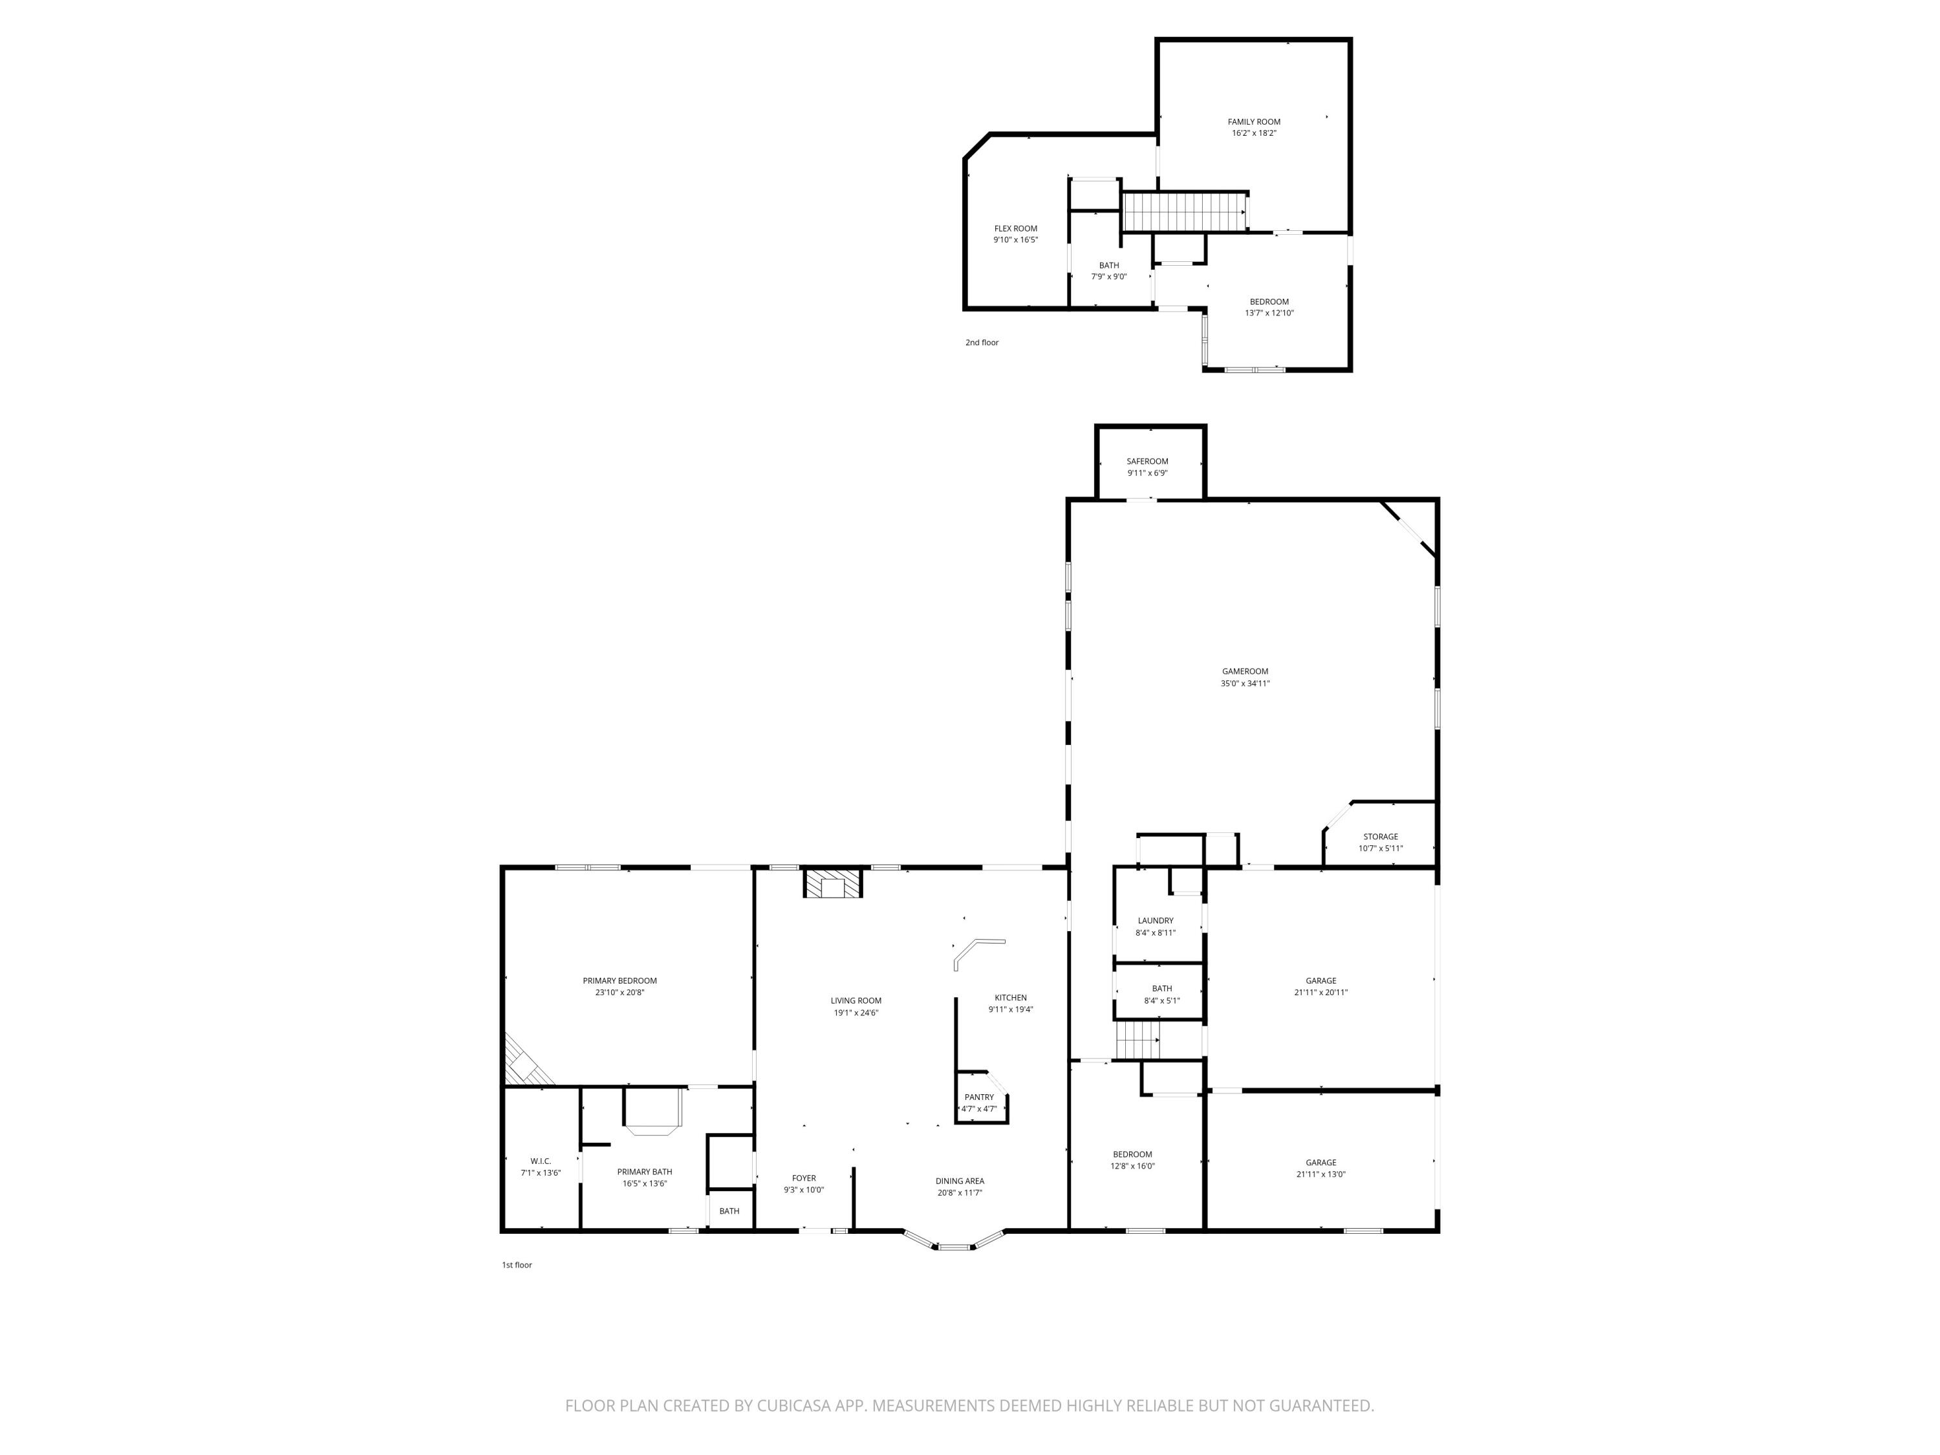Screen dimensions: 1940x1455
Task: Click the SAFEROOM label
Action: pyautogui.click(x=1147, y=461)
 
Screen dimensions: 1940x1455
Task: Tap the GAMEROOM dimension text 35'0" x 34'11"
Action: pyautogui.click(x=1245, y=684)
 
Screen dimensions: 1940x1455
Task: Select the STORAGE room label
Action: pyautogui.click(x=1381, y=837)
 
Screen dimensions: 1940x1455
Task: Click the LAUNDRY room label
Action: pyautogui.click(x=1155, y=921)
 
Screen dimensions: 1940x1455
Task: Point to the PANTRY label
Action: pyautogui.click(x=980, y=1097)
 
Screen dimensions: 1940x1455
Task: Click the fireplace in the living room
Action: pyautogui.click(x=833, y=883)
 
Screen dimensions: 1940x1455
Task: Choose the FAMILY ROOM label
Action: pyautogui.click(x=1254, y=122)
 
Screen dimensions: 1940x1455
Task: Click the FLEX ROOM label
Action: pyautogui.click(x=1016, y=229)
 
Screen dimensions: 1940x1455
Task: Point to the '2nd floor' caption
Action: pyautogui.click(x=982, y=343)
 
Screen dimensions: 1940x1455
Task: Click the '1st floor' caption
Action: pyautogui.click(x=517, y=1265)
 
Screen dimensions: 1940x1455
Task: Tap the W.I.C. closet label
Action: pyautogui.click(x=540, y=1161)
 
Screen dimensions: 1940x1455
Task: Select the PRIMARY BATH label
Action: pyautogui.click(x=645, y=1172)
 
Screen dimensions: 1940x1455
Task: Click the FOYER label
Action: pyautogui.click(x=804, y=1179)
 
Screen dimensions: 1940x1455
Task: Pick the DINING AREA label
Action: pyautogui.click(x=960, y=1181)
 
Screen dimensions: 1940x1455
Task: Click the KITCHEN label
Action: pyautogui.click(x=1010, y=998)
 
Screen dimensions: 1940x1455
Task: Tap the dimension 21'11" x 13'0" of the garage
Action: pyautogui.click(x=1320, y=1174)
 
